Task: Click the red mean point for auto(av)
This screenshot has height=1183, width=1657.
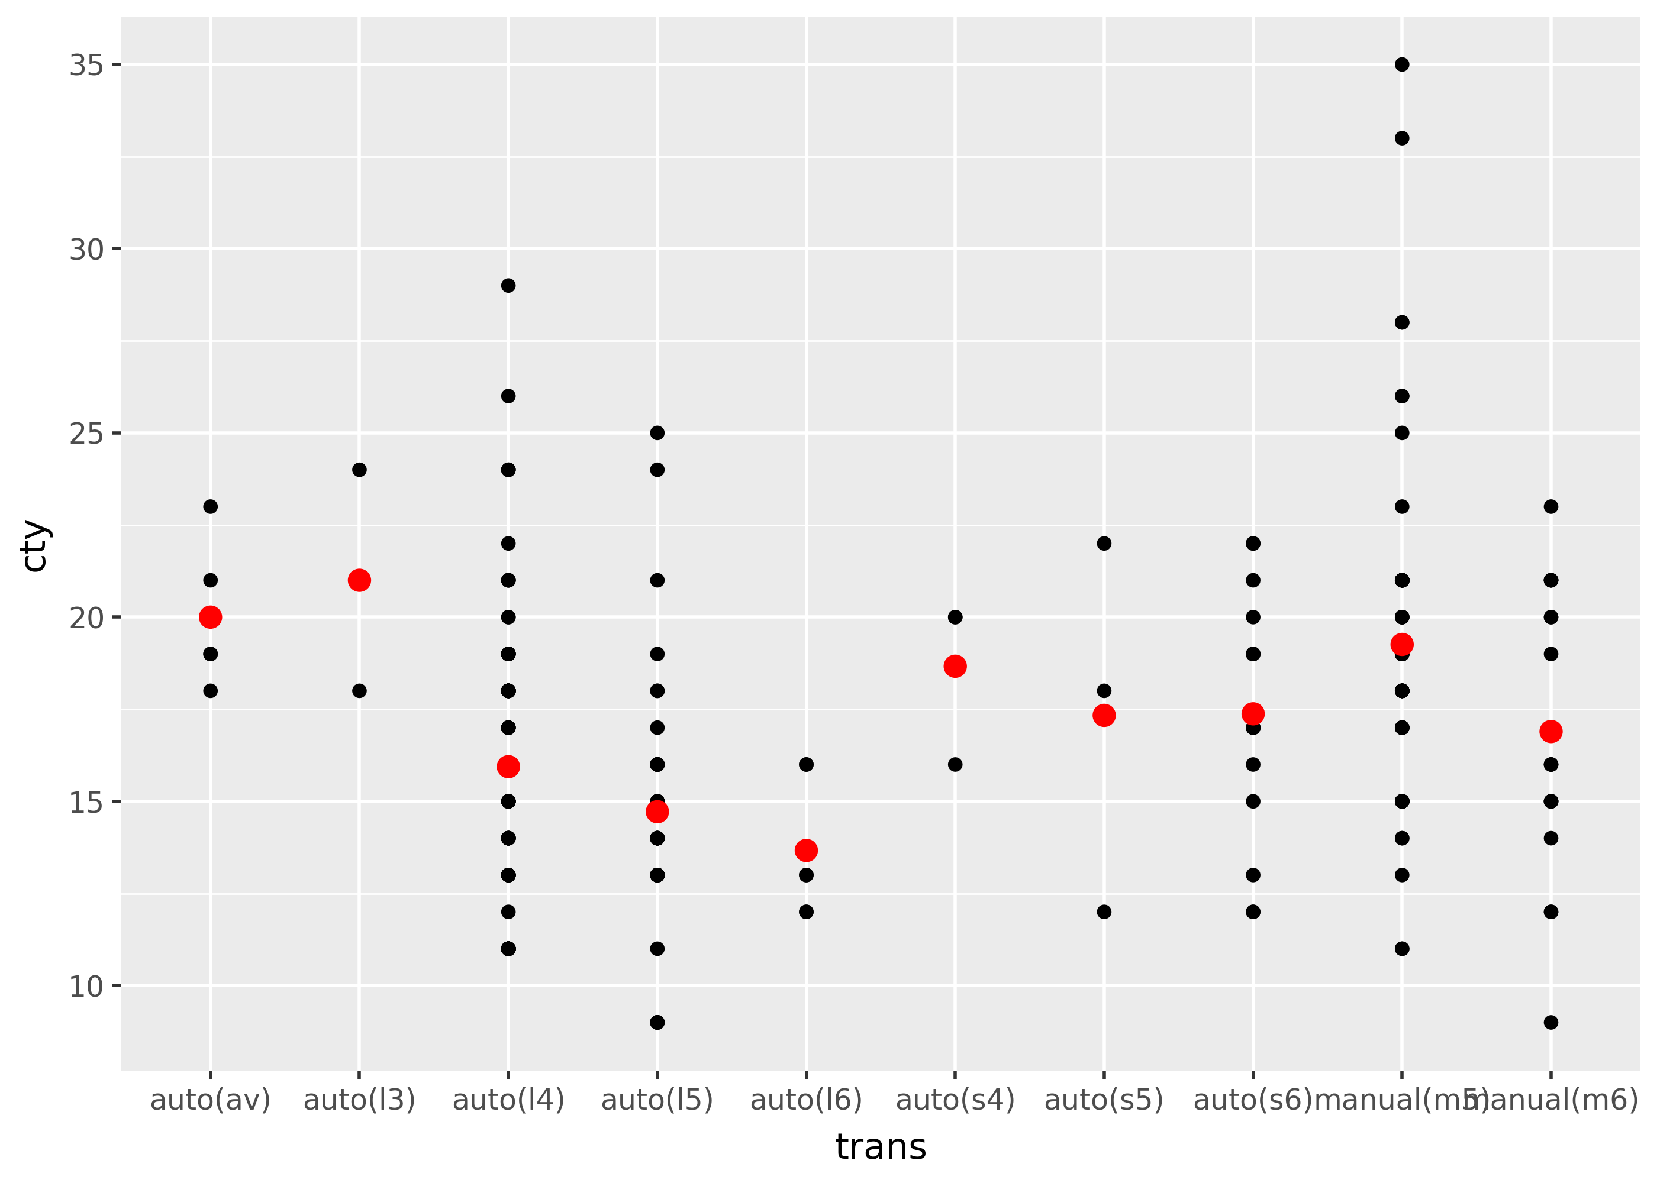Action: [x=210, y=617]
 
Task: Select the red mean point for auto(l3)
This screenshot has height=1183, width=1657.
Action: [x=359, y=580]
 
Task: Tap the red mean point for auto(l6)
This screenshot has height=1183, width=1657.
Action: [x=805, y=850]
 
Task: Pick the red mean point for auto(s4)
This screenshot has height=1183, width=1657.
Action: [x=955, y=666]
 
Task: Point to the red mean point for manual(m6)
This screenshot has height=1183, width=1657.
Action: [x=1550, y=731]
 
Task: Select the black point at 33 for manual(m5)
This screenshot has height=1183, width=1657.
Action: [x=1401, y=138]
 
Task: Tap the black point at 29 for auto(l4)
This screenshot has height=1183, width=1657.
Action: [x=508, y=286]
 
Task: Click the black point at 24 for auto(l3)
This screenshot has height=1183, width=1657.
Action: [x=359, y=470]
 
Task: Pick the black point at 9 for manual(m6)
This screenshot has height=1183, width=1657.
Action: [x=1550, y=1022]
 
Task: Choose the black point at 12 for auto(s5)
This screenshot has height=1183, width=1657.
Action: [x=1103, y=912]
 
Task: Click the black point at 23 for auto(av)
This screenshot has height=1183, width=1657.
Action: [x=210, y=506]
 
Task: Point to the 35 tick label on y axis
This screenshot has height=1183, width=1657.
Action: [x=86, y=66]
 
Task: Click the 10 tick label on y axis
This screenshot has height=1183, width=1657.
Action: [x=86, y=986]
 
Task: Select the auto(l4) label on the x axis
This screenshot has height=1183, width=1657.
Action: [x=508, y=1099]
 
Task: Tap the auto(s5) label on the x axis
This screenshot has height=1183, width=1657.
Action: [x=1103, y=1099]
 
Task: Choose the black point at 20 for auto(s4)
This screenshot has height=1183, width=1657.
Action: [x=955, y=617]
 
